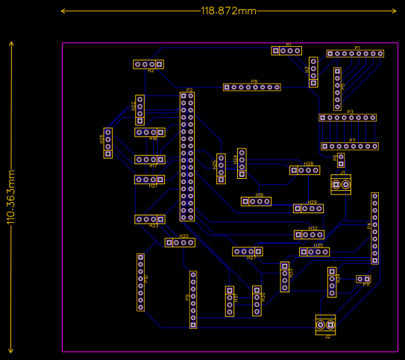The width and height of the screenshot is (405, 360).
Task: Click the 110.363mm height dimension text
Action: pos(11,197)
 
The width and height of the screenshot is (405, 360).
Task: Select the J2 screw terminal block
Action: pos(325,325)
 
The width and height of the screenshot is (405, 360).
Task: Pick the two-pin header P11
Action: pos(363,279)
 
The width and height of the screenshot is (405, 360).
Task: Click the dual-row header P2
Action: pos(186,157)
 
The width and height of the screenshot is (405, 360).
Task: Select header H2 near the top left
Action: pos(148,64)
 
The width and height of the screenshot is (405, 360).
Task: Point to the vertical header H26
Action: pos(108,143)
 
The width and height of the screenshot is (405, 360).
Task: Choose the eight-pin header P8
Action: pos(252,87)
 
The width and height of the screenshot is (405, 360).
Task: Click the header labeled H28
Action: pos(304,170)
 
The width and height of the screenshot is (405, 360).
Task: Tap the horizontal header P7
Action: pos(349,146)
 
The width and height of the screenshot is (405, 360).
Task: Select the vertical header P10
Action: pos(140,282)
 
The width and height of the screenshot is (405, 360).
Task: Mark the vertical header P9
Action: pos(193,299)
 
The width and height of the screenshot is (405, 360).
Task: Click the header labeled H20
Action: pos(180,242)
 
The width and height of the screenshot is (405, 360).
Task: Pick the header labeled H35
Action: pos(314,252)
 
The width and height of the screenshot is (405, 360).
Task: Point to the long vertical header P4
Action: pos(374,228)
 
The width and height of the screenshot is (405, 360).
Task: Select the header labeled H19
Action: pos(256,201)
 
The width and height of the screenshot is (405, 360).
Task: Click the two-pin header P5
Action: pos(341,160)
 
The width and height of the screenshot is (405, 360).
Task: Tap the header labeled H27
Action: pos(247,251)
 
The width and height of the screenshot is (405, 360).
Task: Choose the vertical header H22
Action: pos(139,110)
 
